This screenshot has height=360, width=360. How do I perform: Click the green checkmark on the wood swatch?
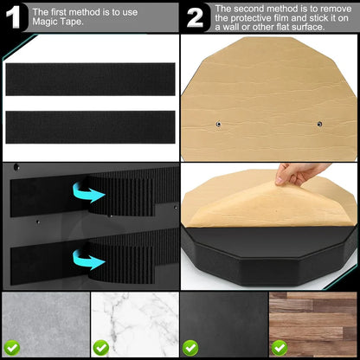pos(279,346)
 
